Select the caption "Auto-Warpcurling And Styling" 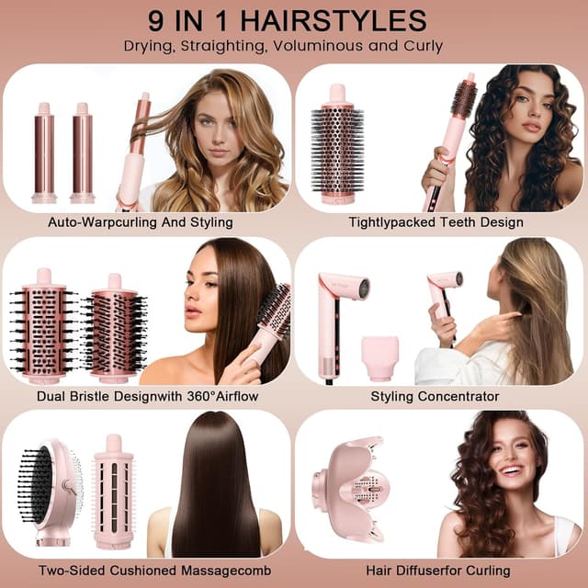coord(141,221)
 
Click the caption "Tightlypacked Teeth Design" coord(435,221)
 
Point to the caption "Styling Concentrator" coord(435,396)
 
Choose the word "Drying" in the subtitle coord(149,46)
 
